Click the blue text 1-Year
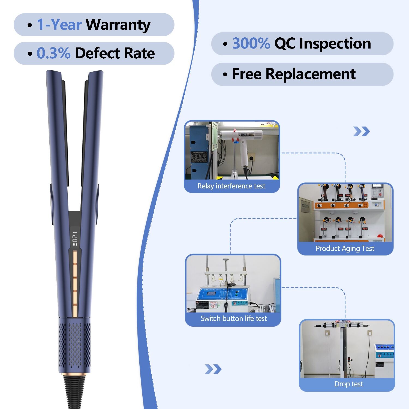coord(59,25)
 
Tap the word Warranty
coord(118,25)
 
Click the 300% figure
coord(251,44)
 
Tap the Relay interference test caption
coord(231,186)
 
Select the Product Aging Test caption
coord(345,248)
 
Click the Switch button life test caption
coord(234,318)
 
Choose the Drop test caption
coord(348,384)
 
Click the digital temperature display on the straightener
coord(75,239)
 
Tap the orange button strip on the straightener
coord(75,284)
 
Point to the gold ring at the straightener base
coord(74,373)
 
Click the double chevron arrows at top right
coord(361,132)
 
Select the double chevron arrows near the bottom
coord(213,369)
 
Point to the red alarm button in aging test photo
coord(380,236)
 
